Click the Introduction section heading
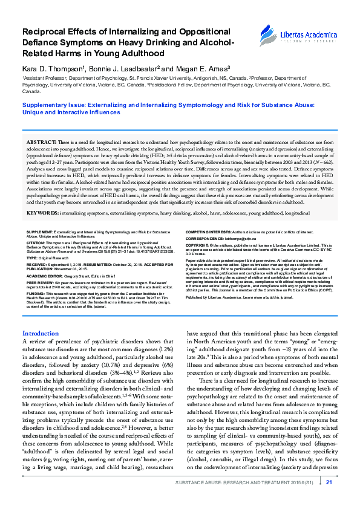click(41, 333)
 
